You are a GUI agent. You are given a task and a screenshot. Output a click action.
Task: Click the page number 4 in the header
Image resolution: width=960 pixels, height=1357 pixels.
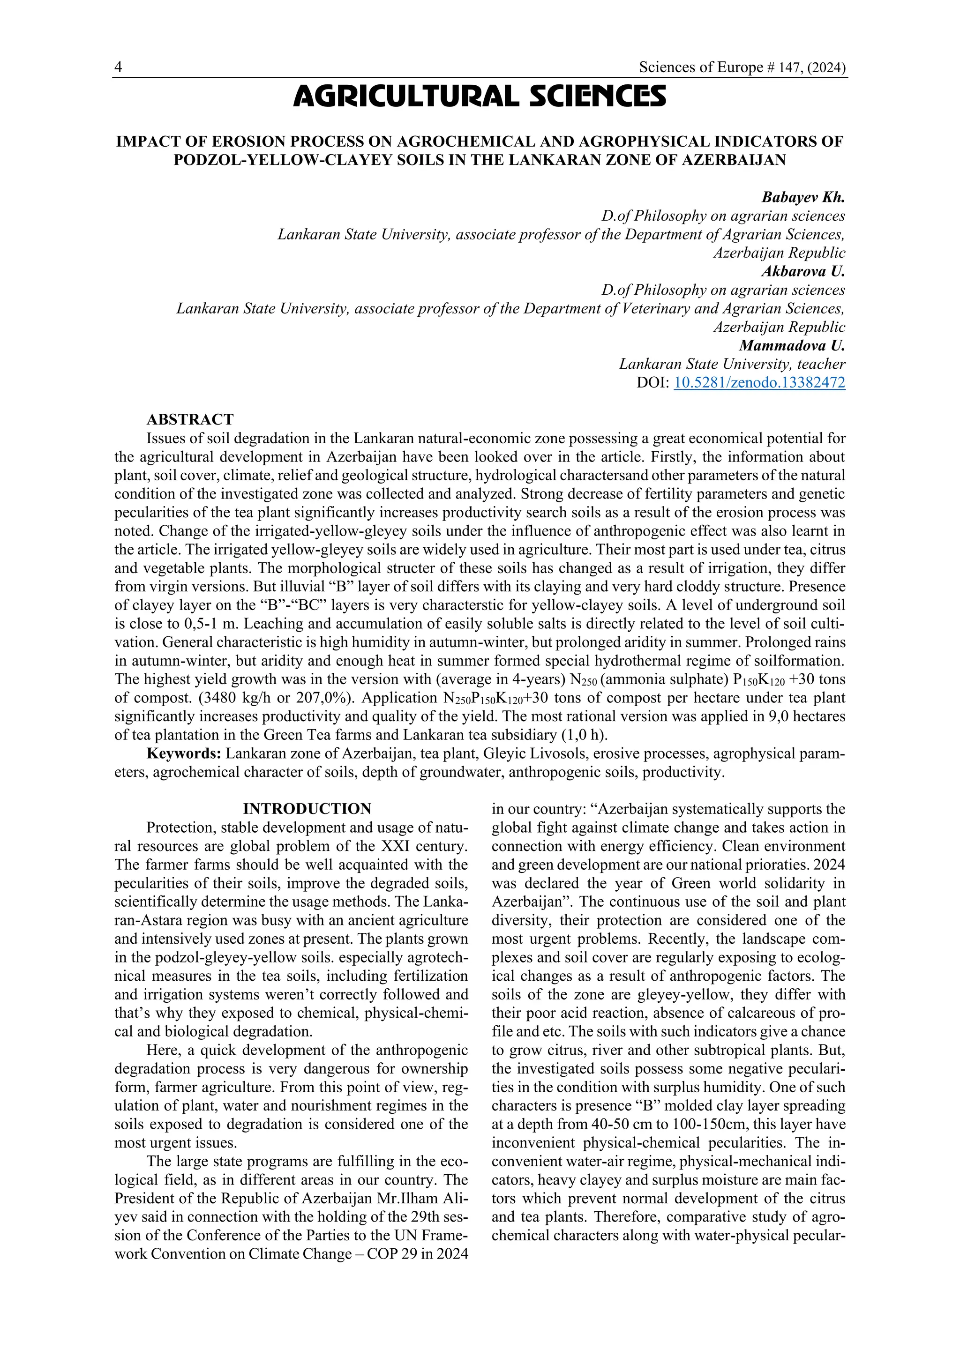[x=118, y=68]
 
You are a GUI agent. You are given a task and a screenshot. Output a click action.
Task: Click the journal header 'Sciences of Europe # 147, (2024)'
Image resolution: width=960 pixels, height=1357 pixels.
[x=742, y=68]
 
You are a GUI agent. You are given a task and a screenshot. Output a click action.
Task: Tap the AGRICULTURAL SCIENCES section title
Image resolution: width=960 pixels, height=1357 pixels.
[x=480, y=97]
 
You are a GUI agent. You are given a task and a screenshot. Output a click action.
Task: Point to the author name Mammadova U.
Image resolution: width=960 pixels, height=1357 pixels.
[x=792, y=345]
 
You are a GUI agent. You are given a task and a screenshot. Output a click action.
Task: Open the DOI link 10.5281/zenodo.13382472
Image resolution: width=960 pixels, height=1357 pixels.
[x=759, y=382]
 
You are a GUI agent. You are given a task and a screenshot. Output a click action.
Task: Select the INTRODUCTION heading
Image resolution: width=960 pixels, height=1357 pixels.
[x=307, y=808]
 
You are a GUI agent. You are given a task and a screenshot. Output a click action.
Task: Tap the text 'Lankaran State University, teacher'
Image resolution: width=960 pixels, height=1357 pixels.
[x=732, y=364]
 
